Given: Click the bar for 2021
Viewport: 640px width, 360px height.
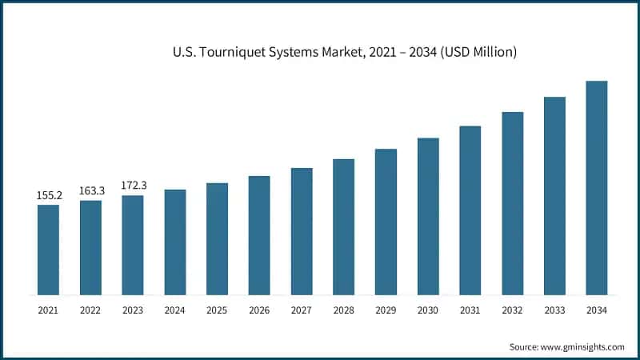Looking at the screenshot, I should point(48,250).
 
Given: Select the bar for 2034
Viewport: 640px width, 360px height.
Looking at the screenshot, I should point(596,187).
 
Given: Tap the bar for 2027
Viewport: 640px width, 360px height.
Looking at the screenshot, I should point(301,231).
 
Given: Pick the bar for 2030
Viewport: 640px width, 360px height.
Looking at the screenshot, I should point(428,216).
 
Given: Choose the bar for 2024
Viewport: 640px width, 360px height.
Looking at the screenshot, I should point(174,242).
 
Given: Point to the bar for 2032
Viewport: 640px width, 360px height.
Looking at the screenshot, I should point(512,203).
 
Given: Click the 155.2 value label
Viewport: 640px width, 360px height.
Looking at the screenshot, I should point(48,195).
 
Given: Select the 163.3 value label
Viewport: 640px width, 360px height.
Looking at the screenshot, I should point(90,190).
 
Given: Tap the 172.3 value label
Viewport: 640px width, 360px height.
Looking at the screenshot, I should point(133,186).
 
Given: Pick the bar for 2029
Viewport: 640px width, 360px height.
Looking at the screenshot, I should point(386,222).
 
